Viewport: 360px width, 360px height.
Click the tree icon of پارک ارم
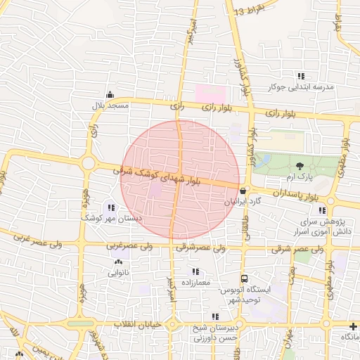click(301, 166)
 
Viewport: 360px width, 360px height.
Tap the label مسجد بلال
click(110, 105)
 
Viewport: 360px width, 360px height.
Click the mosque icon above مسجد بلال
click(110, 95)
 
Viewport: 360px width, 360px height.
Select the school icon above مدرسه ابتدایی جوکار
click(302, 76)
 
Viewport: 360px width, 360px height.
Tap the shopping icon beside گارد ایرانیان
click(243, 190)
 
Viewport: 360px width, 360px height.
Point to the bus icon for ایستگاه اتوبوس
click(243, 279)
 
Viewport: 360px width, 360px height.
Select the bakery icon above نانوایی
click(117, 262)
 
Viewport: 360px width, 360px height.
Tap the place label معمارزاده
click(195, 281)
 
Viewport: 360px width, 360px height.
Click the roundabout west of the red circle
click(89, 163)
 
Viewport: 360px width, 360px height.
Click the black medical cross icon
click(352, 326)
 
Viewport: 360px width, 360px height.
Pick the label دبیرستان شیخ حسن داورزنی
click(216, 333)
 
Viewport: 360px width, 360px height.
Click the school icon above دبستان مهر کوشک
click(110, 207)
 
